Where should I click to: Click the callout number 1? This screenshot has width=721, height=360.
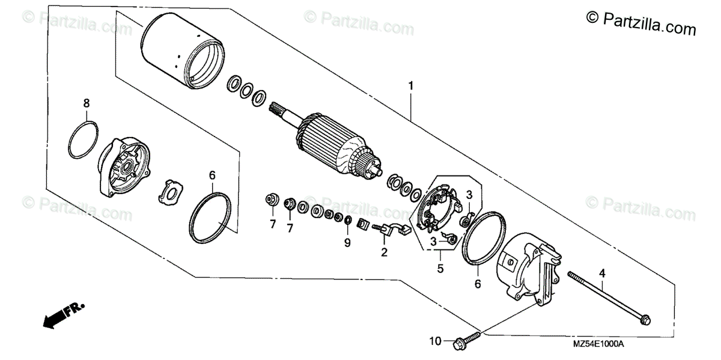tap(411, 86)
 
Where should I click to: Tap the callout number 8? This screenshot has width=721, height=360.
tap(87, 103)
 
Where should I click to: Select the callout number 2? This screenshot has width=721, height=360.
tap(384, 252)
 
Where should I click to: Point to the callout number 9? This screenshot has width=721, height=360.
tap(347, 242)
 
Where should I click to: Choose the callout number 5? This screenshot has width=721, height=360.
tap(440, 269)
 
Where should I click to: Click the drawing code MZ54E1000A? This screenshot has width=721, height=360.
tap(598, 344)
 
